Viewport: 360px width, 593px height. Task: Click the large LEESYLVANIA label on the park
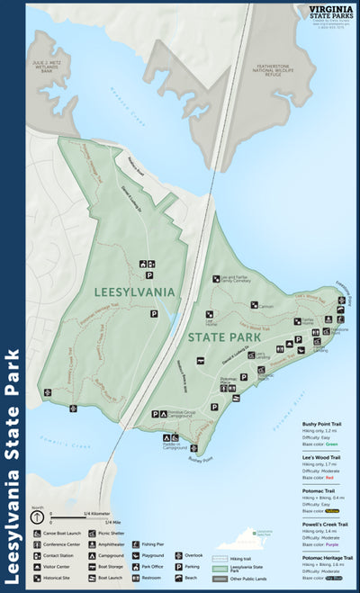pyautogui.click(x=133, y=292)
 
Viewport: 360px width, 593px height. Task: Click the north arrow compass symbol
pyautogui.click(x=36, y=518)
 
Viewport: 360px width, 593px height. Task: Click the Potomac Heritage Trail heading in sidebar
pyautogui.click(x=328, y=558)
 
